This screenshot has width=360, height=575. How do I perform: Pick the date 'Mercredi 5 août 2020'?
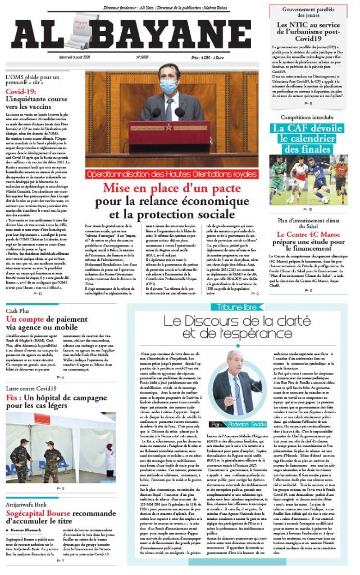[78, 57]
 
